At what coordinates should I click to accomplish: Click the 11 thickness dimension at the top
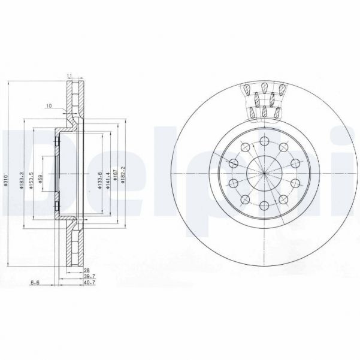pyautogui.click(x=69, y=75)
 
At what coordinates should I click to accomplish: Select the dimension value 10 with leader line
pyautogui.click(x=49, y=106)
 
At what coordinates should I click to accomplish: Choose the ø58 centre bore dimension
pyautogui.click(x=41, y=179)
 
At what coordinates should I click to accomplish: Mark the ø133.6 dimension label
pyautogui.click(x=99, y=179)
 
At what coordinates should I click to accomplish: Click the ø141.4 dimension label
pyautogui.click(x=108, y=179)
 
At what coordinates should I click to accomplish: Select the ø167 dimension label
pyautogui.click(x=116, y=178)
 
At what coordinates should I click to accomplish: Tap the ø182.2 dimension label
pyautogui.click(x=124, y=178)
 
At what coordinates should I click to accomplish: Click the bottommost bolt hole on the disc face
pyautogui.click(x=264, y=207)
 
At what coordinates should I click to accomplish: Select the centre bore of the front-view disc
pyautogui.click(x=264, y=173)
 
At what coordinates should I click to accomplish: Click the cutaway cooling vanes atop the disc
pyautogui.click(x=264, y=99)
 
